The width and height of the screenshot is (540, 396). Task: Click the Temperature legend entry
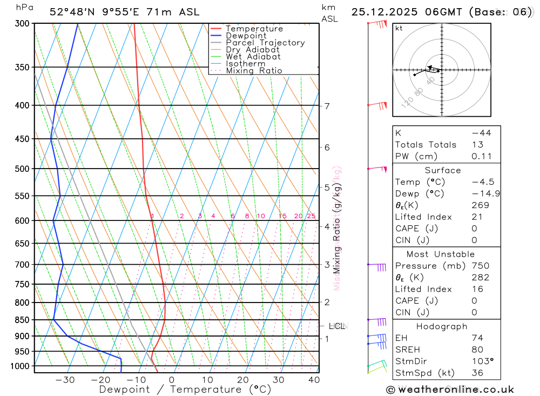click(x=254, y=29)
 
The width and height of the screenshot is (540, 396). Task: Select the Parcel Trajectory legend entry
click(x=265, y=43)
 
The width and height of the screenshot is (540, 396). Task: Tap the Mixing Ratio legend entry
click(x=254, y=70)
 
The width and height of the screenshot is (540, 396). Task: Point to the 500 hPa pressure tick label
click(x=22, y=169)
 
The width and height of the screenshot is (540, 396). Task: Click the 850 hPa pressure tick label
click(x=22, y=320)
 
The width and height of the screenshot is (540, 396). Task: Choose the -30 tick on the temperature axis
click(x=65, y=380)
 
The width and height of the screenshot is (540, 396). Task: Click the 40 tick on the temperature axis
click(x=314, y=380)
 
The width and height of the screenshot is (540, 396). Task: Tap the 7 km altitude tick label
click(x=327, y=106)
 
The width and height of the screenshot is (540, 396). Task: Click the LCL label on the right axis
click(x=336, y=326)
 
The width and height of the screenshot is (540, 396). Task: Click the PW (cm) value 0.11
click(x=481, y=156)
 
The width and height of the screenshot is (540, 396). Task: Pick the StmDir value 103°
click(x=481, y=361)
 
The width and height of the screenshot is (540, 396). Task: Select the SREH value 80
click(x=477, y=350)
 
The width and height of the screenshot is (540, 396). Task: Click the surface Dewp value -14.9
click(x=482, y=193)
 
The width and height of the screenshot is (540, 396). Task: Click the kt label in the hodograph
click(x=399, y=28)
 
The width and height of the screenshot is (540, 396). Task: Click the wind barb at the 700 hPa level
click(x=377, y=265)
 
